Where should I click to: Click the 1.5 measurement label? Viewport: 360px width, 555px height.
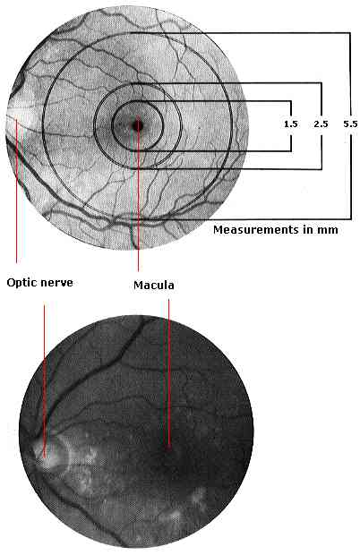coord(291,124)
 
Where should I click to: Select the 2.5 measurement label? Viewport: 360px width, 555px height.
coord(321,124)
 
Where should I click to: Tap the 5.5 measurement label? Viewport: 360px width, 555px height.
coord(350,124)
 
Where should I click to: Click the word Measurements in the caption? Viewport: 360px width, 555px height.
coord(256,230)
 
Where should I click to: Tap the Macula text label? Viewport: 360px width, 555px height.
coord(154,286)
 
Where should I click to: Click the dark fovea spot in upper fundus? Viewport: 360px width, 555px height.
coord(138,125)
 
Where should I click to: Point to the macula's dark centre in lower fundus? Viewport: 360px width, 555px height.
coord(168,448)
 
